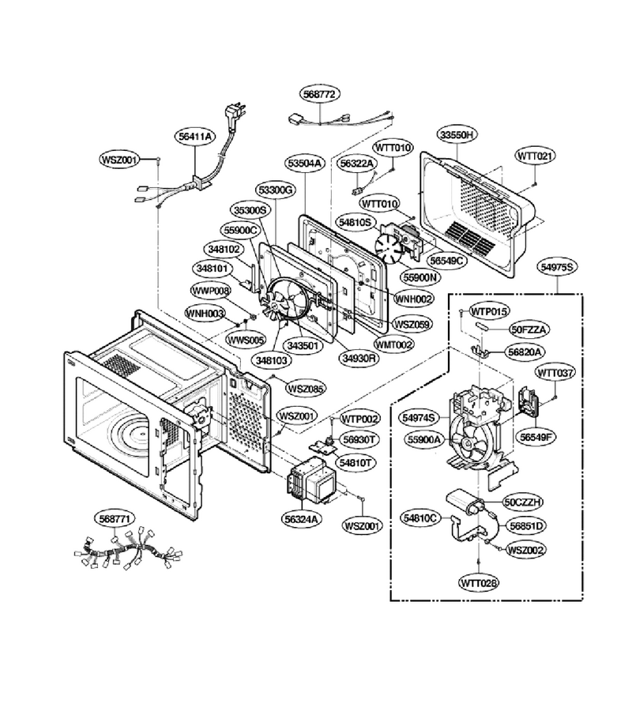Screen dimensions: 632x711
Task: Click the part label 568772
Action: coord(320,94)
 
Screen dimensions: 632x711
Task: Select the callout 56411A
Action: coord(195,136)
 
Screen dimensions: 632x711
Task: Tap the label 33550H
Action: coord(457,134)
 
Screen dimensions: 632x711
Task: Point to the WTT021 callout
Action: coord(536,156)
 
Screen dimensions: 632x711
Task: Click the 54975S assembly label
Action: coord(557,267)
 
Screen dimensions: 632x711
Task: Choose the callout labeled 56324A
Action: coord(303,518)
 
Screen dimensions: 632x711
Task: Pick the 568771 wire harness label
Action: coord(115,518)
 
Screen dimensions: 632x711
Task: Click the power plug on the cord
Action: coord(236,114)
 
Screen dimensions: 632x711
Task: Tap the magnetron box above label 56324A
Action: coord(312,483)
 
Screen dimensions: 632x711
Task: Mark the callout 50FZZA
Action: coord(529,329)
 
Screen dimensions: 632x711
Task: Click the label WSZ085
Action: coord(306,388)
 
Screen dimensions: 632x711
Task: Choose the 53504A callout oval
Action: coord(305,164)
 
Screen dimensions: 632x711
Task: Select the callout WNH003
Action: coord(205,314)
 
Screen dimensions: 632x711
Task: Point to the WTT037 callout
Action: coord(555,373)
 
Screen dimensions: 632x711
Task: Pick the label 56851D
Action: coord(526,525)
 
